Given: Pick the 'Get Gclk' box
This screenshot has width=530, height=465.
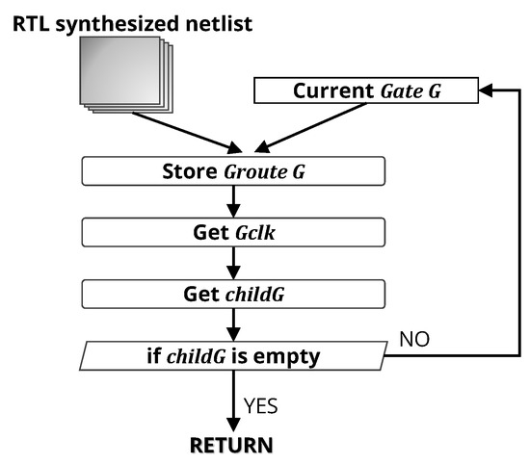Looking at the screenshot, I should click(x=233, y=233).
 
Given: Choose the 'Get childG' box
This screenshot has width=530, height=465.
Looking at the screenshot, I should click(x=233, y=294).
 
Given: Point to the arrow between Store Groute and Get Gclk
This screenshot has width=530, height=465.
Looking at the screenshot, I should click(x=233, y=201).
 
